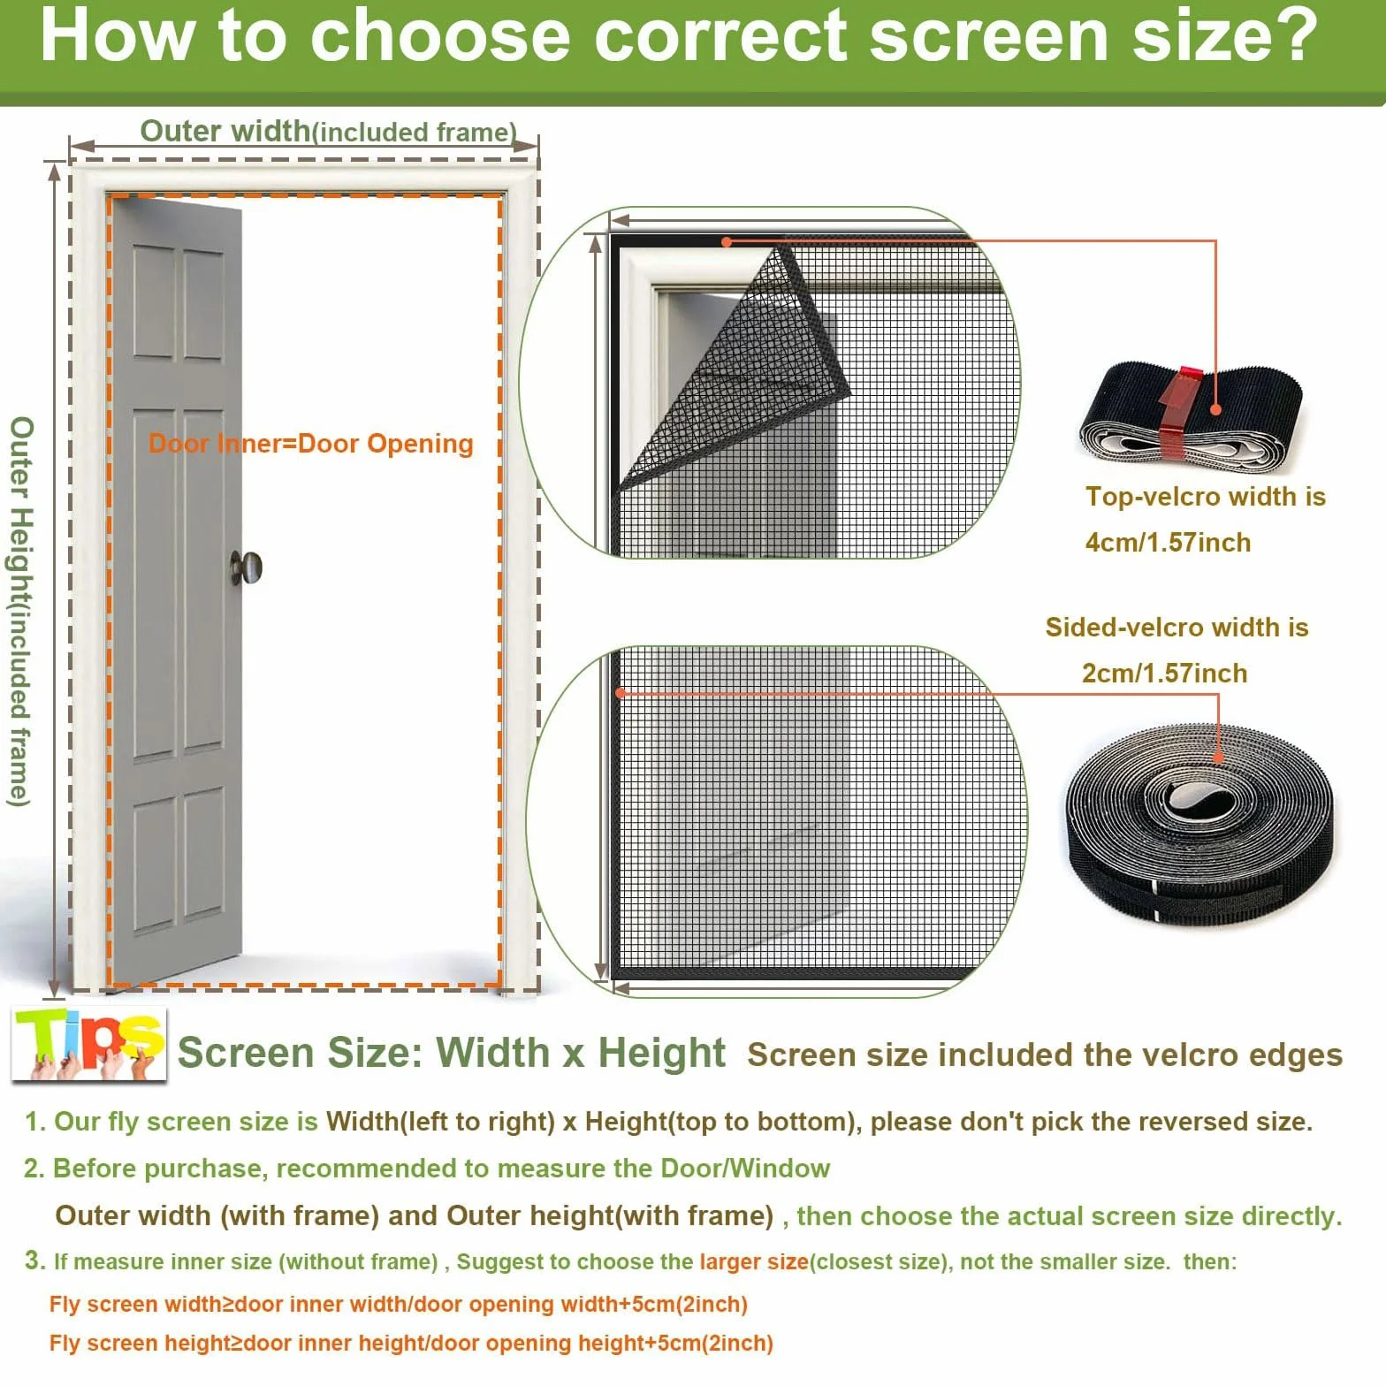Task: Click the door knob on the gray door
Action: tap(247, 567)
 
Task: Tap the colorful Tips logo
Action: tap(89, 1045)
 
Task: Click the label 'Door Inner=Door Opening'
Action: tap(310, 444)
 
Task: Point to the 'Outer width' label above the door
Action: tap(225, 131)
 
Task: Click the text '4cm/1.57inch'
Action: tap(1168, 542)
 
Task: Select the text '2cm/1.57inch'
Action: tap(1164, 673)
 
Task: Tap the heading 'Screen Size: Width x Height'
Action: tap(451, 1053)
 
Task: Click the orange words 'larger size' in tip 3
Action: tap(754, 1261)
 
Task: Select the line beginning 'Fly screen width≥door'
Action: tap(399, 1304)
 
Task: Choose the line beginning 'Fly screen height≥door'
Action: tap(411, 1344)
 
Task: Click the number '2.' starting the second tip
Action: tap(34, 1169)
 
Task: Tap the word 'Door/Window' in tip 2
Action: tap(745, 1169)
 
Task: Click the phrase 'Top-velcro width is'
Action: tap(1206, 497)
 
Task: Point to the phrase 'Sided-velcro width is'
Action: tap(1177, 627)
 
